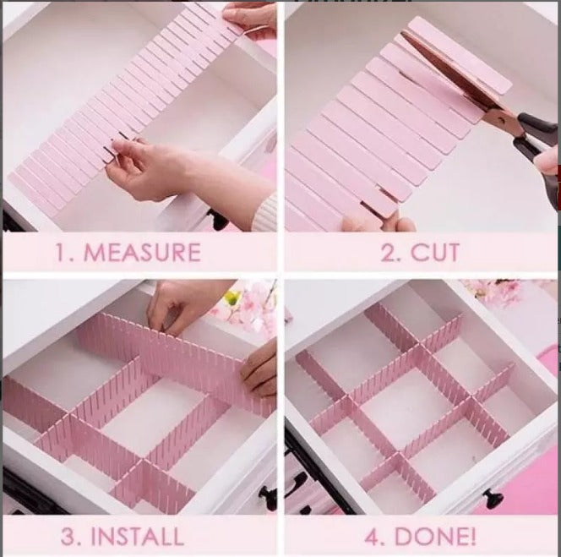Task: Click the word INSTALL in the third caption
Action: click(138, 535)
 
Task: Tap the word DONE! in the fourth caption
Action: click(433, 535)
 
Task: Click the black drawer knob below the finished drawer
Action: click(490, 499)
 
